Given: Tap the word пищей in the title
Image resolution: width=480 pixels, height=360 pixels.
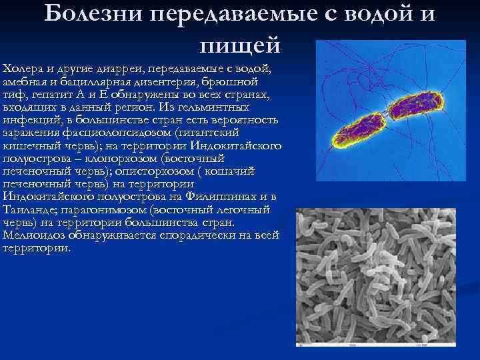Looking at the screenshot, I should [x=240, y=45].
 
